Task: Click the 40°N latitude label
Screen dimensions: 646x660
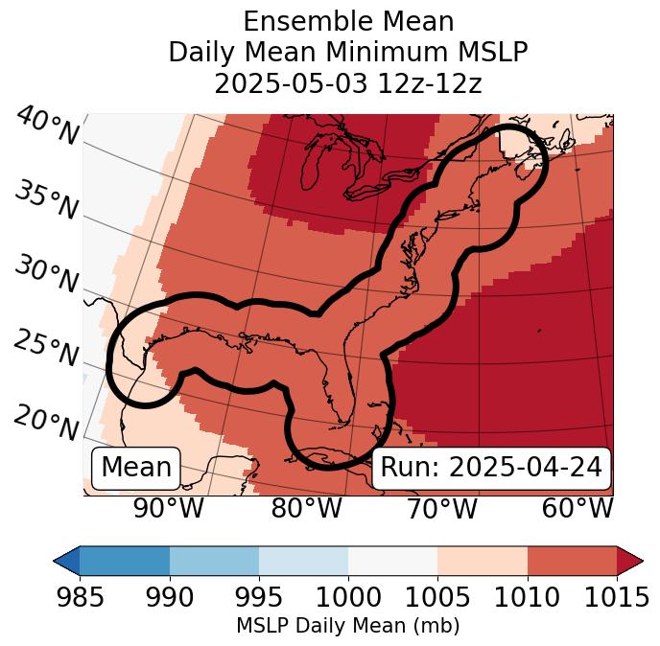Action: coord(46,127)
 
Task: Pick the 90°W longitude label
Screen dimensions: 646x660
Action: coord(169,508)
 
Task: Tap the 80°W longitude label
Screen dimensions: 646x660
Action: coord(306,508)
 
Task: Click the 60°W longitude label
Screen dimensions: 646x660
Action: coord(577,508)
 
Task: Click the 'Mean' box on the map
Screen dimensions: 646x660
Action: coord(136,468)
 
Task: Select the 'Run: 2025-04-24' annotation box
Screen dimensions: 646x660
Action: coord(491,468)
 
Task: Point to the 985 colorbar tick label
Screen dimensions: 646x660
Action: coord(80,597)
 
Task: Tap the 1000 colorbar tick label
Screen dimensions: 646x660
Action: coord(348,597)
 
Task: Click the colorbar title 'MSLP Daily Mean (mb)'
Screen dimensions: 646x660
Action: coord(348,627)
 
